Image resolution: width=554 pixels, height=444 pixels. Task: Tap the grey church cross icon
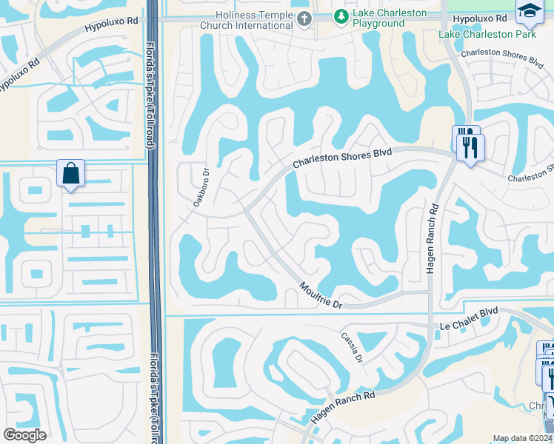point(304,20)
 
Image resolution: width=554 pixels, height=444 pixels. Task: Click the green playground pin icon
point(340,16)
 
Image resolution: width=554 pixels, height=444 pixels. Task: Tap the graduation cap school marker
point(529,10)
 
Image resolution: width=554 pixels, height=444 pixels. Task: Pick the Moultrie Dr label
point(321,295)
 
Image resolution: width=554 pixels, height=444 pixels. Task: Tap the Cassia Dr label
point(351,346)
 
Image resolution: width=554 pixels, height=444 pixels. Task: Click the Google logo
point(25,435)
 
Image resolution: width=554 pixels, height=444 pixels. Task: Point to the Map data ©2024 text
point(522,438)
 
